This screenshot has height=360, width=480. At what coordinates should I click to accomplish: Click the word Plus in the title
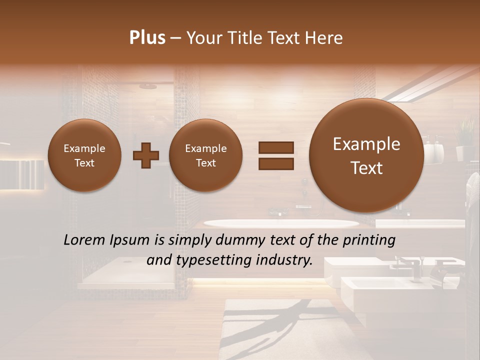[147, 38]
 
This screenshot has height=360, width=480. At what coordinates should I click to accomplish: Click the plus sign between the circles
[146, 155]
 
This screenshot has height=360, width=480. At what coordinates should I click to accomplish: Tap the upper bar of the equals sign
[276, 147]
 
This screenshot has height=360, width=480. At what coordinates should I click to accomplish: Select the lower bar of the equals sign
[276, 163]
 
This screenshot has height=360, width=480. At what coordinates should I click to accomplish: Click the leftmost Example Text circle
[84, 155]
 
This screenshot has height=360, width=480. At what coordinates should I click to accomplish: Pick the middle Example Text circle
[205, 155]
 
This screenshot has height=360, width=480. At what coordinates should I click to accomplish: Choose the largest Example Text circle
[366, 155]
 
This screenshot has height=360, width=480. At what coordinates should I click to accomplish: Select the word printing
[368, 240]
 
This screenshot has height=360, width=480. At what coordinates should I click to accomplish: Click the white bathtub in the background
[280, 223]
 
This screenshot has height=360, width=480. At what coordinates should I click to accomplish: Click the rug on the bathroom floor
[300, 330]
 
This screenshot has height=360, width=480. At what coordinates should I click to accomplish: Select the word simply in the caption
[187, 240]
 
